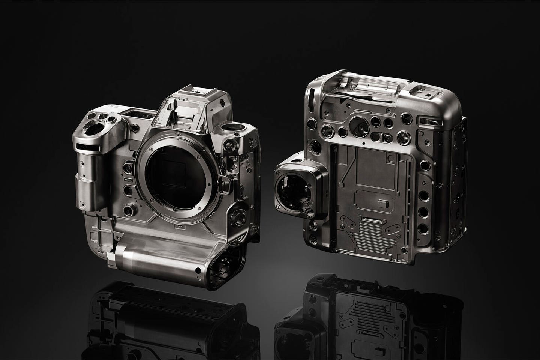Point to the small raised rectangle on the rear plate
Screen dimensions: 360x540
(383, 204)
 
